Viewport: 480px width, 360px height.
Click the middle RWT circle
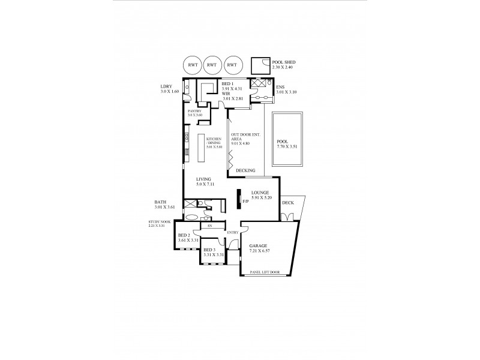point(211,64)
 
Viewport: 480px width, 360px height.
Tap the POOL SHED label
point(284,62)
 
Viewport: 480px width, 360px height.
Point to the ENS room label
point(280,87)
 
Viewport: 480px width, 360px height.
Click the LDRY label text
point(166,86)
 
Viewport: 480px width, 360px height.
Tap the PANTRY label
point(194,111)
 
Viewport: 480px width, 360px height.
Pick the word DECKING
point(245,171)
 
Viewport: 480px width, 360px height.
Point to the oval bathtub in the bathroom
point(191,217)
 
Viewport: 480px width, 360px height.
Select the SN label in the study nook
point(209,226)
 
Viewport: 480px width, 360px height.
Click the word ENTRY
point(233,232)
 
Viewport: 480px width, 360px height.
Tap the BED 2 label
point(184,235)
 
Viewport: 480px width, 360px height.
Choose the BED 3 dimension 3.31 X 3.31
point(213,254)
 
